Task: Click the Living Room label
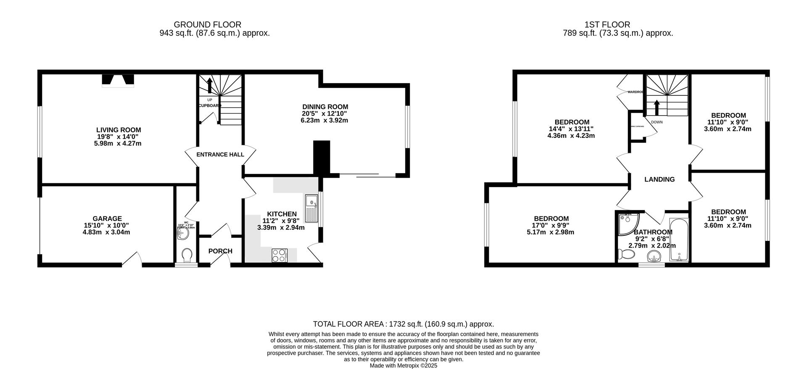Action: click(119, 130)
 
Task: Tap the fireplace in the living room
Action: click(118, 80)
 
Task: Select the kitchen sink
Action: click(312, 209)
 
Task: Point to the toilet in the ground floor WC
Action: click(187, 255)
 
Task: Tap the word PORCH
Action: click(220, 251)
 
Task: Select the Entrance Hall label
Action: click(220, 155)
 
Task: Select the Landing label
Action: click(659, 179)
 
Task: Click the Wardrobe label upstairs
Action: click(635, 92)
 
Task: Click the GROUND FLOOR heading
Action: click(208, 25)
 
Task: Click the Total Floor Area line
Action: click(403, 324)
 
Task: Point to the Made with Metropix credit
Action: click(403, 366)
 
